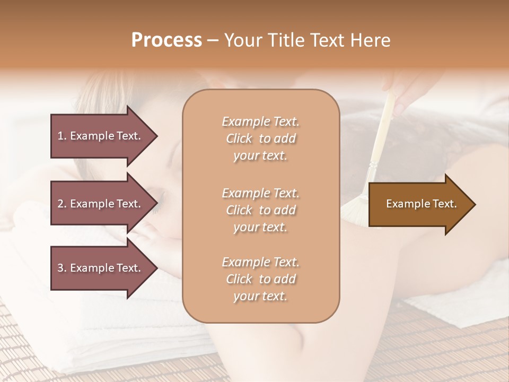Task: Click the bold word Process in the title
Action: pyautogui.click(x=166, y=40)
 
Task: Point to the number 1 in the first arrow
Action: pyautogui.click(x=60, y=136)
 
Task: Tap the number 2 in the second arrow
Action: pyautogui.click(x=60, y=204)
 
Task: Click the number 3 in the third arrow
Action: pyautogui.click(x=60, y=268)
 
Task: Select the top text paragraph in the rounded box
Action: pyautogui.click(x=260, y=138)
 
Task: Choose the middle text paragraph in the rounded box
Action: pyautogui.click(x=260, y=210)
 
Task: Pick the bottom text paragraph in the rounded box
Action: pyautogui.click(x=260, y=279)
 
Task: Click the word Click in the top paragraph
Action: pyautogui.click(x=239, y=138)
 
